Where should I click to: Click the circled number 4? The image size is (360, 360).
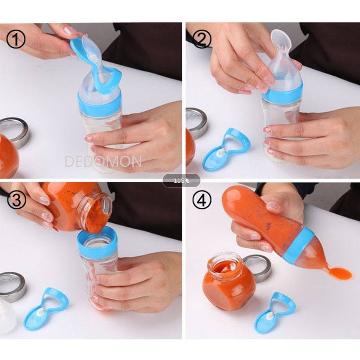click(202, 200)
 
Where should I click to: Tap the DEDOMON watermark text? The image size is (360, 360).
click(103, 161)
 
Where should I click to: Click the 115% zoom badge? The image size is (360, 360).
click(181, 181)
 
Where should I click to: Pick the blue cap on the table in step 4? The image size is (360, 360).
click(275, 312)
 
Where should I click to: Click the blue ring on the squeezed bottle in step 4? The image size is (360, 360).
click(299, 245)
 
